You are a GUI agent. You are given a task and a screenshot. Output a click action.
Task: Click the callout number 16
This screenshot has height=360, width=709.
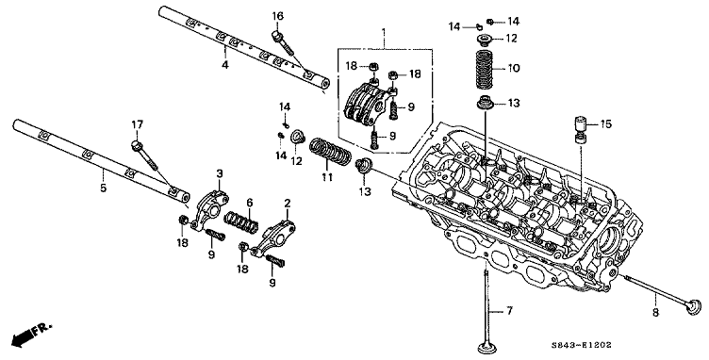(277, 16)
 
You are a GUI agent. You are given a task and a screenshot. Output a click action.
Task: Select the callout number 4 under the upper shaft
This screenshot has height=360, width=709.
(224, 65)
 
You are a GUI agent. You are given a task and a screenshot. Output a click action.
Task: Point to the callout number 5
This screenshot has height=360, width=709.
(103, 187)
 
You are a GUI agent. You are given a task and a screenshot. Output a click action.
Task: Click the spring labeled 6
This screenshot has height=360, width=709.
(241, 221)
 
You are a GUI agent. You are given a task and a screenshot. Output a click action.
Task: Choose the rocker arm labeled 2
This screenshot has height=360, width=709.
(273, 238)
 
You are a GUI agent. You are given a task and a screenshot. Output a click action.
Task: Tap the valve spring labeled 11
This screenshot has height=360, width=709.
(331, 153)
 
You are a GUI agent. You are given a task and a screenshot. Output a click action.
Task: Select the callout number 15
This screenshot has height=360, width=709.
(605, 123)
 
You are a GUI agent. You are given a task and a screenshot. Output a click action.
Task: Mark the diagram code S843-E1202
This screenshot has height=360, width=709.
(581, 345)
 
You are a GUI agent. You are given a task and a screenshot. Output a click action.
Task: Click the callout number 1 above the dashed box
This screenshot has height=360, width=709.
(384, 32)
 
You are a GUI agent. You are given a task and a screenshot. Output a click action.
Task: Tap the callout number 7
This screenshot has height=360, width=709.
(509, 311)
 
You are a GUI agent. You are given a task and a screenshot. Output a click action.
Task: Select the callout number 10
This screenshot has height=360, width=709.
(513, 69)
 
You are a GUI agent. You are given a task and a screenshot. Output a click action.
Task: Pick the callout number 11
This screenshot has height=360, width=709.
(326, 177)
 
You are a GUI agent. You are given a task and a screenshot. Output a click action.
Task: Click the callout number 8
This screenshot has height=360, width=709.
(655, 312)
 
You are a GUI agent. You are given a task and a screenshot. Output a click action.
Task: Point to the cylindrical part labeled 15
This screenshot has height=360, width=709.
(580, 129)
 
